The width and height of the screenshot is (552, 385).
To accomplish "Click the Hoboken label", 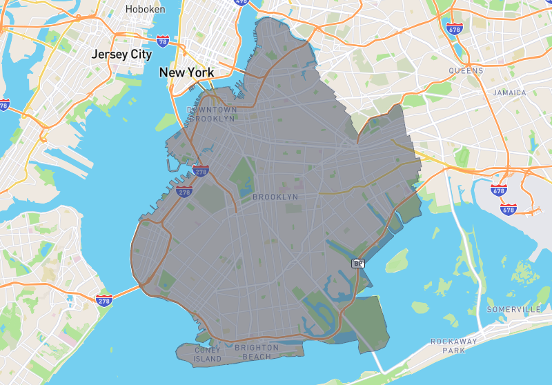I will click(145, 10).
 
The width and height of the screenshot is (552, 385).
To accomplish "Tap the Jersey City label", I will click(122, 54).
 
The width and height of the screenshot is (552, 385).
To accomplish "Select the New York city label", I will click(186, 72).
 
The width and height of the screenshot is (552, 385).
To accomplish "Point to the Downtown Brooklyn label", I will click(212, 114).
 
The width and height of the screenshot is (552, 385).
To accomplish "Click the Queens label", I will click(466, 70).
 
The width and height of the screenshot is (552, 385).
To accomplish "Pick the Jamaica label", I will click(509, 92).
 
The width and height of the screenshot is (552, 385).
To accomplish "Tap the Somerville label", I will click(513, 309).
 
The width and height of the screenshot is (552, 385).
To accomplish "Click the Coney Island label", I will click(208, 354).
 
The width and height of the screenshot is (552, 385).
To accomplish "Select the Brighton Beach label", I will click(256, 352).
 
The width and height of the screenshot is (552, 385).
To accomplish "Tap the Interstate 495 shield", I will click(241, 2).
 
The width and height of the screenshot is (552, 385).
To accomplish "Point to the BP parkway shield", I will click(357, 264).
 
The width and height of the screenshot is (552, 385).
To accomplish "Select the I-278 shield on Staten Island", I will click(105, 299).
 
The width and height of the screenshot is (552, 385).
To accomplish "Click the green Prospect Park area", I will click(242, 174).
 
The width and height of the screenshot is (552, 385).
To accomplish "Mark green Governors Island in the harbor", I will click(166, 122).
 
